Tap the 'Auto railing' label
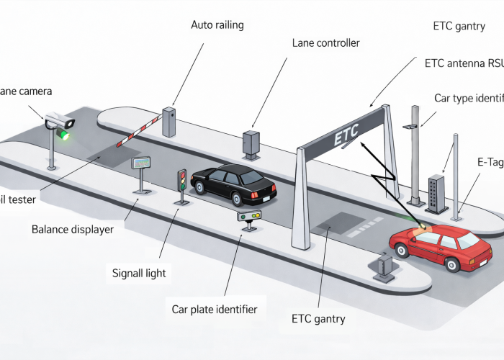pyautogui.click(x=217, y=25)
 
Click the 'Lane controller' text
pyautogui.click(x=325, y=43)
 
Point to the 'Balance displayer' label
pyautogui.click(x=73, y=230)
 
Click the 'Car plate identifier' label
pyautogui.click(x=214, y=310)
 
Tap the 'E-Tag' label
pyautogui.click(x=490, y=162)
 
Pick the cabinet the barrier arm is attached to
pyautogui.click(x=169, y=122)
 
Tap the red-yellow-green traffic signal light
pyautogui.click(x=181, y=180)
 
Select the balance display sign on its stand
pyautogui.click(x=141, y=163)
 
